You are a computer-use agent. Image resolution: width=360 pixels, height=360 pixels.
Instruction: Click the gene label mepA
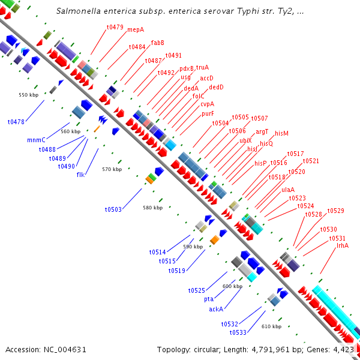pyautogui.click(x=136, y=29)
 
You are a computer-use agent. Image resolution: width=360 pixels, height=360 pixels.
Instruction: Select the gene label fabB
pyautogui.click(x=158, y=43)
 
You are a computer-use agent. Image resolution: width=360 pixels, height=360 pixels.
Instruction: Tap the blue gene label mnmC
pyautogui.click(x=37, y=140)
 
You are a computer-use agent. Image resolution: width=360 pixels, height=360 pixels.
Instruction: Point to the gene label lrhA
pyautogui.click(x=343, y=245)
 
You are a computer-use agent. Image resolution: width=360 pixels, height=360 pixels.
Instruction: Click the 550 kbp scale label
pyautogui.click(x=28, y=95)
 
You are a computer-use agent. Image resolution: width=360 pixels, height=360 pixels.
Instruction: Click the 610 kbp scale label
pyautogui.click(x=271, y=326)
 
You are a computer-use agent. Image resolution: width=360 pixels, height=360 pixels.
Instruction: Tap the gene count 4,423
pyautogui.click(x=344, y=349)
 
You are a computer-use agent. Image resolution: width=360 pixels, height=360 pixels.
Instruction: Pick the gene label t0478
pyautogui.click(x=16, y=122)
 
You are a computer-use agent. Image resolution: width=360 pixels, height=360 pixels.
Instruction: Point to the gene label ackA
pyautogui.click(x=216, y=309)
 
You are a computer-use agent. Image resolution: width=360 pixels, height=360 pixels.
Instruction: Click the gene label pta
pyautogui.click(x=209, y=299)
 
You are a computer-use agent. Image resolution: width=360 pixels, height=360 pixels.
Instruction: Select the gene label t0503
pyautogui.click(x=113, y=209)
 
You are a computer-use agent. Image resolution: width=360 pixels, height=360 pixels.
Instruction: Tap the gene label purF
pyautogui.click(x=208, y=113)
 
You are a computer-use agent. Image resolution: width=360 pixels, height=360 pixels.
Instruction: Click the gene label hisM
pyautogui.click(x=281, y=133)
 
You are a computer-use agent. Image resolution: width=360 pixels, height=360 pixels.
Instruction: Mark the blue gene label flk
pyautogui.click(x=80, y=175)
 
